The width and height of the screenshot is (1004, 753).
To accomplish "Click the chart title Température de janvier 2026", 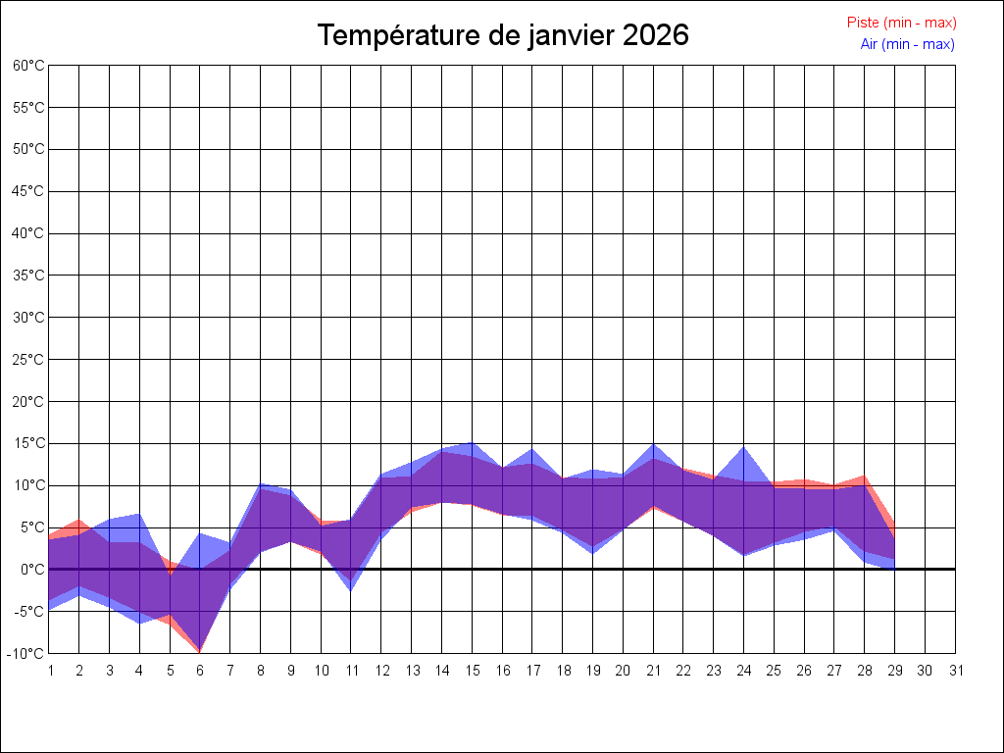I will [x=503, y=35].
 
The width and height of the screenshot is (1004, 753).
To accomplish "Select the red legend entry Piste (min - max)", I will [x=901, y=23].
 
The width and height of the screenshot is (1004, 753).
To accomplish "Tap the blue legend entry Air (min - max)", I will [x=907, y=44].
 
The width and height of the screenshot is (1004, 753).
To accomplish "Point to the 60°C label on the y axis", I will [x=29, y=65].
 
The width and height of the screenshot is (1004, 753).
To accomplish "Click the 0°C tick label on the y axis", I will [x=32, y=569].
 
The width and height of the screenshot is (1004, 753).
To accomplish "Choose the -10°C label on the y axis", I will [x=28, y=653].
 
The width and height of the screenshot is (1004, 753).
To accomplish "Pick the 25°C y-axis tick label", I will [x=29, y=359].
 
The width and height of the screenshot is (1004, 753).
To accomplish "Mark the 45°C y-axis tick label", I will [x=29, y=191].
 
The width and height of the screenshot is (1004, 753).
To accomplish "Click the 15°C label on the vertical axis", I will [x=29, y=443].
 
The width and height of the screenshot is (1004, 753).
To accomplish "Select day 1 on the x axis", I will [x=50, y=671].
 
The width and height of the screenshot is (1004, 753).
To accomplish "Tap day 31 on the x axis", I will [x=956, y=671].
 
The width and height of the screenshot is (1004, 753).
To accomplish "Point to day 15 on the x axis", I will [x=473, y=671].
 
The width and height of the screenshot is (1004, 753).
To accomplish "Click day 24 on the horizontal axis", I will [x=744, y=671].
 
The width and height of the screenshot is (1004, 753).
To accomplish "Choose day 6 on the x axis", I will [x=200, y=671].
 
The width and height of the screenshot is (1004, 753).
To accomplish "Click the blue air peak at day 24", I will [x=744, y=448].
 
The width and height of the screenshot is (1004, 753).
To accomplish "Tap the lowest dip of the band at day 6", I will [x=200, y=650].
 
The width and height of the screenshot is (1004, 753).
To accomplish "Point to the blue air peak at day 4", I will [x=139, y=515].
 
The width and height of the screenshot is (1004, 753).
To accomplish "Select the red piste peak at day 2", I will [x=79, y=521].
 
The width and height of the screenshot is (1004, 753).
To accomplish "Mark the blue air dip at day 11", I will [x=351, y=589].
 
